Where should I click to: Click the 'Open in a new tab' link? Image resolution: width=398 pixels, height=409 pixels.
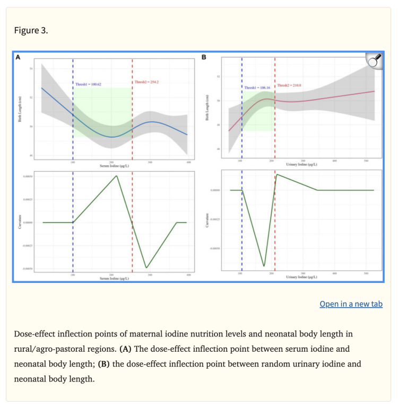coord(351,304)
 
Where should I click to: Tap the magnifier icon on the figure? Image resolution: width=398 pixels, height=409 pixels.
coord(375,61)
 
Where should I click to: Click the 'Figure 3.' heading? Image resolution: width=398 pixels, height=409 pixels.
coord(31,30)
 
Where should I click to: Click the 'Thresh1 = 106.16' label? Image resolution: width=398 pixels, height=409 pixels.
coord(257,87)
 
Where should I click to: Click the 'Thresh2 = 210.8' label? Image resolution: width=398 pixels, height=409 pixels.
coord(290,85)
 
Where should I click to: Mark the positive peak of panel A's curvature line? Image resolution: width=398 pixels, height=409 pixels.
coord(116,175)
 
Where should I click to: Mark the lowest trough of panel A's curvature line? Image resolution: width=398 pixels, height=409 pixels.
coord(146,267)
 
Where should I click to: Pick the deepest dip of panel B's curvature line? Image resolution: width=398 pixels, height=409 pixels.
coord(264,265)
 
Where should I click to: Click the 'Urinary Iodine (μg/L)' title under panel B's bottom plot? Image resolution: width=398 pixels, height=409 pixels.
coord(302,277)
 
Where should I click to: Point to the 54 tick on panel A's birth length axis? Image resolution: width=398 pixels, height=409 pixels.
coord(31,69)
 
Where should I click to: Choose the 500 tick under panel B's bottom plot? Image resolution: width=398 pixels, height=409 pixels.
coord(366,273)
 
